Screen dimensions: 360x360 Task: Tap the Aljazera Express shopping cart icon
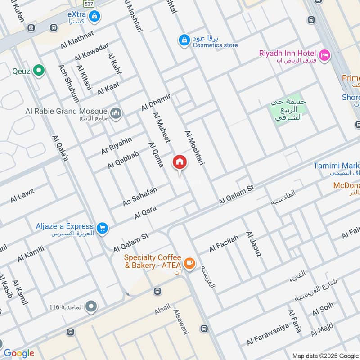pyautogui.click(x=103, y=229)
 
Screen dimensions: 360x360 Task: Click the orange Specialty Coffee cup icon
pyautogui.click(x=189, y=263)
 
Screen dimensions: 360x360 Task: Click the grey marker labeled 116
pyautogui.click(x=91, y=307)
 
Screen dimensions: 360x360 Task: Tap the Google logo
pyautogui.click(x=18, y=353)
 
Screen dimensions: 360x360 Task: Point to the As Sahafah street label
pyautogui.click(x=140, y=197)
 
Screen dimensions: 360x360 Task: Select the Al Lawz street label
pyautogui.click(x=22, y=196)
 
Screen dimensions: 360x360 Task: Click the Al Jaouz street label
pyautogui.click(x=253, y=245)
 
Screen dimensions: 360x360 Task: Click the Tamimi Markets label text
pyautogui.click(x=336, y=166)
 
